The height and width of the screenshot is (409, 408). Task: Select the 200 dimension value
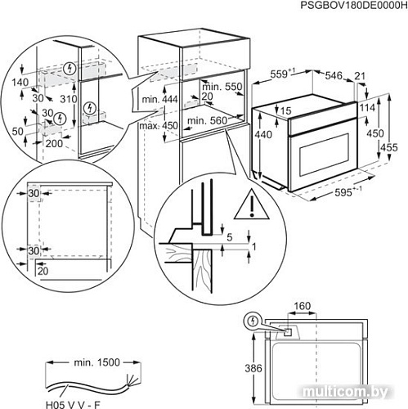(x=54, y=143)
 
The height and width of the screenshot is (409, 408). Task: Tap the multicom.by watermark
(x=370, y=399)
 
